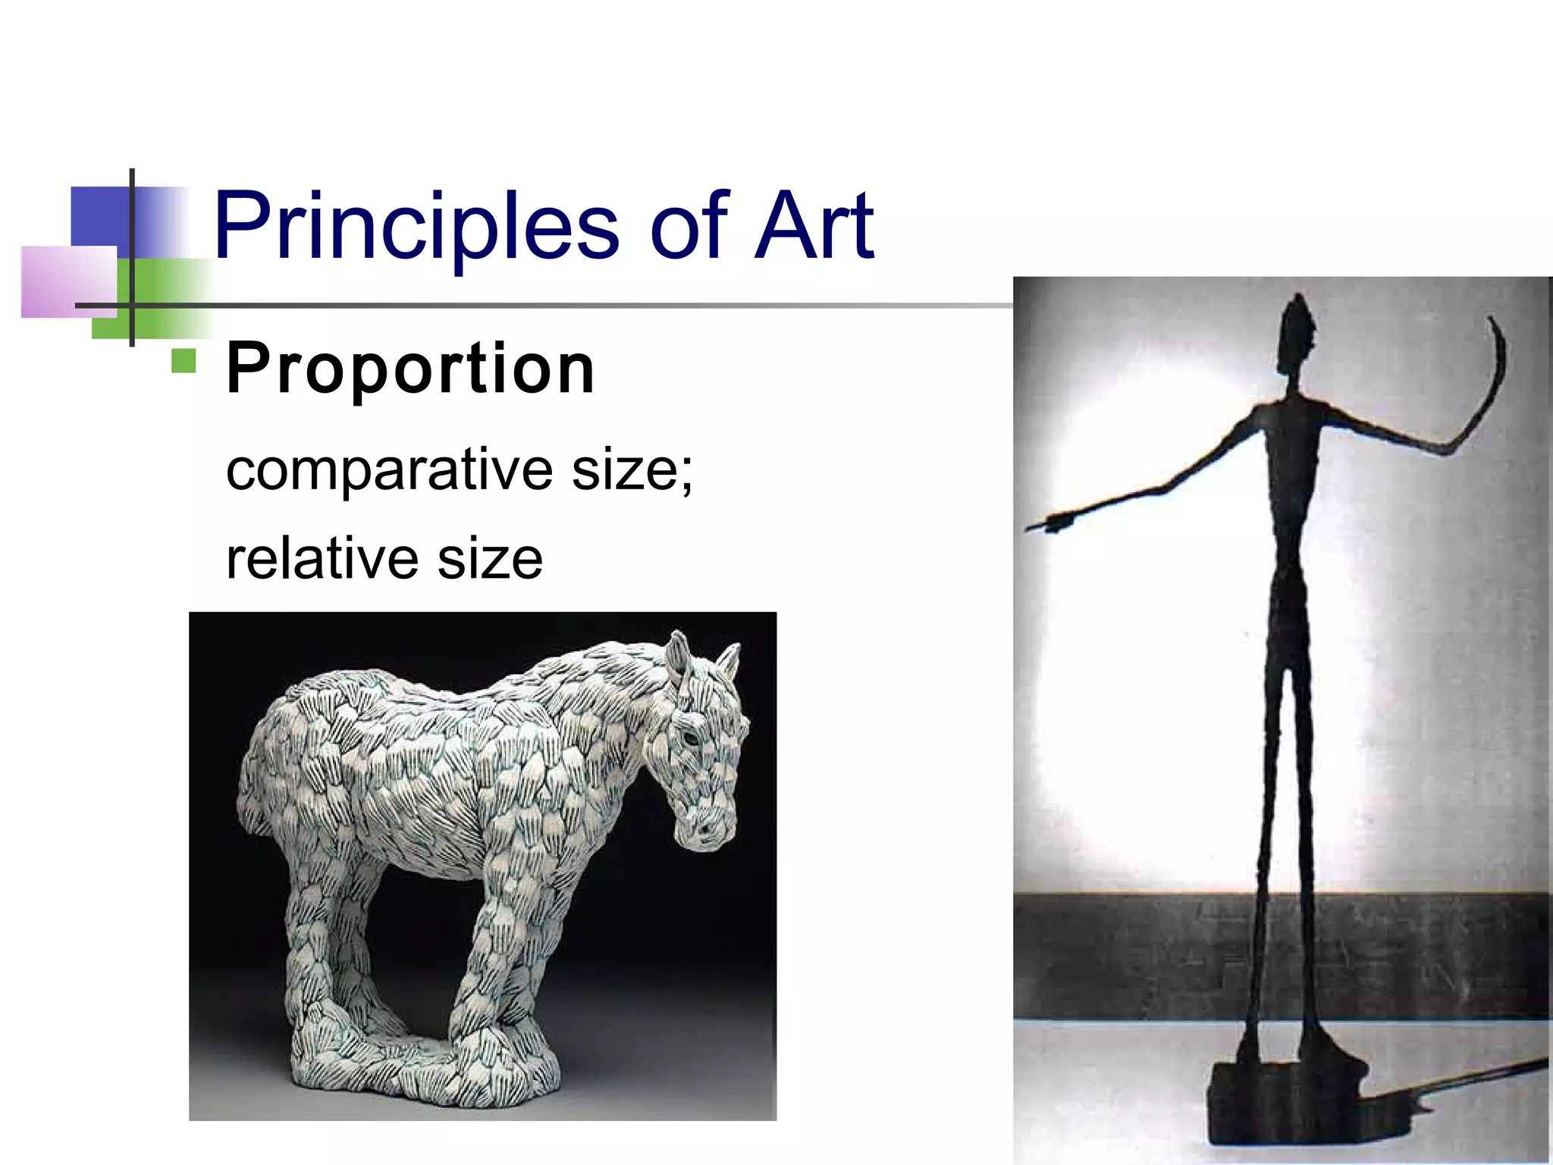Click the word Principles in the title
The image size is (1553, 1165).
point(416,226)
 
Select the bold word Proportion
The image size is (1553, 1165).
point(410,369)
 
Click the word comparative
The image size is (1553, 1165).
point(389,470)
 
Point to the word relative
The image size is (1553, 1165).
point(321,559)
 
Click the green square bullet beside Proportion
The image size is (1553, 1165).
point(184,361)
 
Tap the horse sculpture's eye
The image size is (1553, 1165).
point(689,736)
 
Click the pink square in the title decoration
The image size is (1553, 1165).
point(68,281)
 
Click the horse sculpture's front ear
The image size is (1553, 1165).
point(678,652)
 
